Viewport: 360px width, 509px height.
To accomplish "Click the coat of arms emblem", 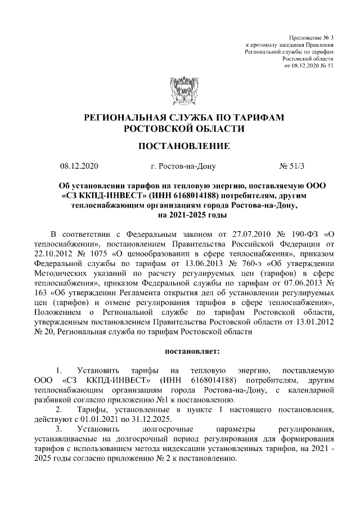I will [180, 91].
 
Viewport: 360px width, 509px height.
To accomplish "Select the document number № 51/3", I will [292, 167].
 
